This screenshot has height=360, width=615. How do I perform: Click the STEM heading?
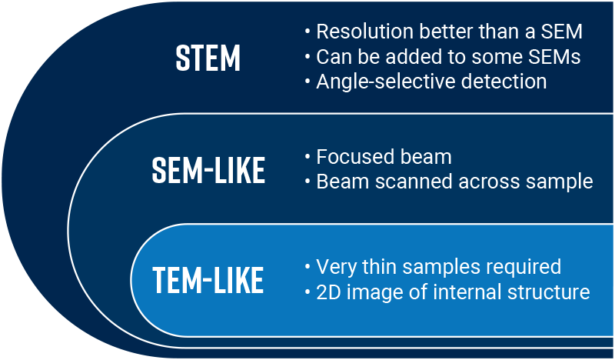pyautogui.click(x=208, y=58)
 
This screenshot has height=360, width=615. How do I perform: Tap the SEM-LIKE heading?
pyautogui.click(x=208, y=170)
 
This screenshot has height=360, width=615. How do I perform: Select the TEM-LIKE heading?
pyautogui.click(x=208, y=280)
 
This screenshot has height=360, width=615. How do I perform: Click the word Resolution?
pyautogui.click(x=364, y=32)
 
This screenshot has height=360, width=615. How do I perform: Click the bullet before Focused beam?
pyautogui.click(x=308, y=157)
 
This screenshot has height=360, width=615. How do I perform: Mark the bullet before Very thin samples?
pyautogui.click(x=308, y=267)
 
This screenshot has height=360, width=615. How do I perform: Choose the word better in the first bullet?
pyautogui.click(x=446, y=32)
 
